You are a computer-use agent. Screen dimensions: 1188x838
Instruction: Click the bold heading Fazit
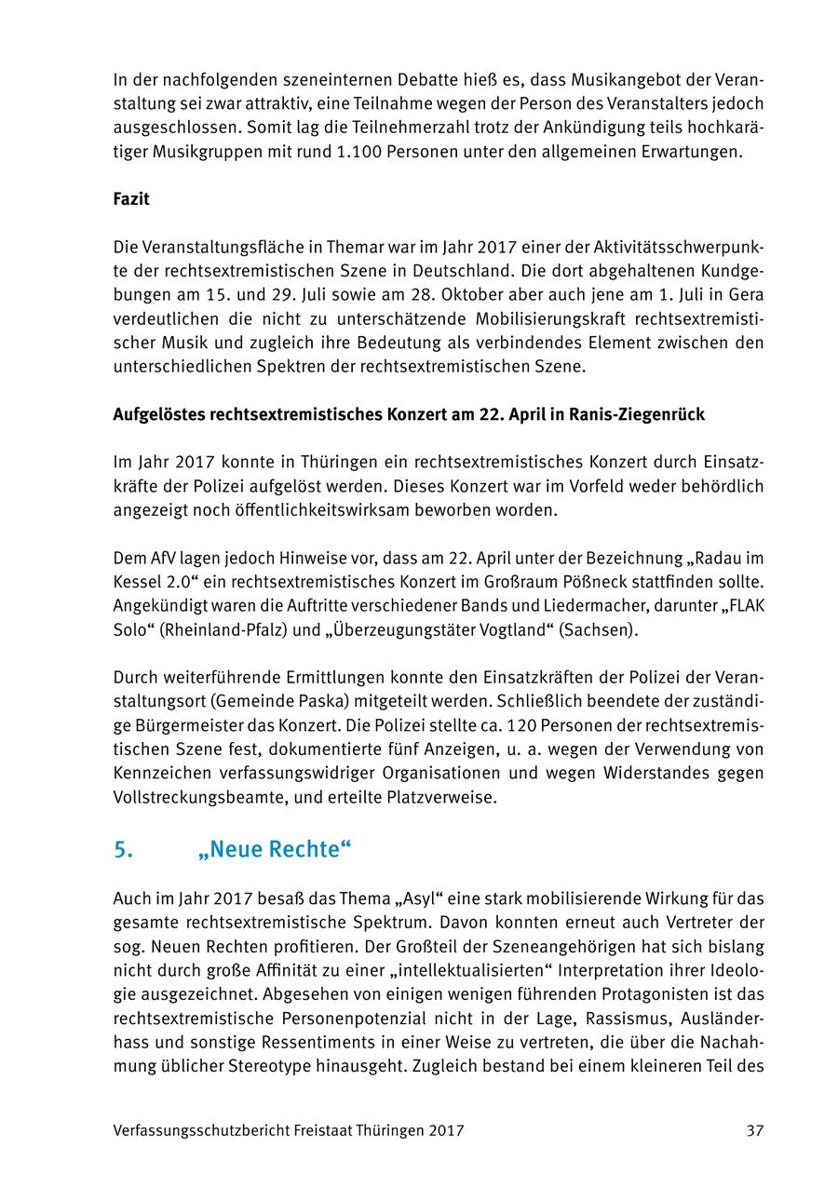coord(131,199)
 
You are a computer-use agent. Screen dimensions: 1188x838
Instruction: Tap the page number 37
coord(754,1130)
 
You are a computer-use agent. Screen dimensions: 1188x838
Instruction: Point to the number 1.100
coord(365,151)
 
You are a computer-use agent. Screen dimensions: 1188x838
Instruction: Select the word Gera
coord(746,294)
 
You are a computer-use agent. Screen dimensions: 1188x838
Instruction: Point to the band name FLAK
coord(742,606)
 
